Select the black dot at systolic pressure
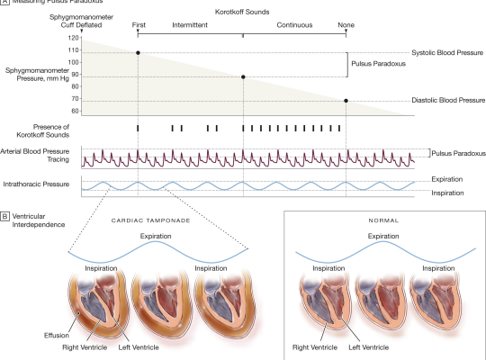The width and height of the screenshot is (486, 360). [138, 53]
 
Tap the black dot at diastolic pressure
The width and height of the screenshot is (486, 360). [346, 101]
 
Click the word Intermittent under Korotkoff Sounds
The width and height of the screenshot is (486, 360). [189, 26]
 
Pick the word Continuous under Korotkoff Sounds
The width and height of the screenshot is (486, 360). [295, 26]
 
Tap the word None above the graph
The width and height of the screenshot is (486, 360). [346, 26]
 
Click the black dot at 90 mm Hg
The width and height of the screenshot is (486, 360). [243, 77]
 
